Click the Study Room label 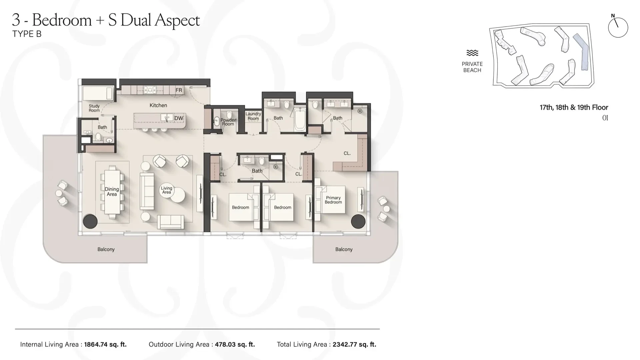click(x=94, y=108)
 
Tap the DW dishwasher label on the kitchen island click(x=179, y=118)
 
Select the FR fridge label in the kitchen click(x=179, y=90)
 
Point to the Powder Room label click(x=228, y=122)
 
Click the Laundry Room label click(x=253, y=116)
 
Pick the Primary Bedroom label click(x=333, y=200)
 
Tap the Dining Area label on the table click(x=112, y=192)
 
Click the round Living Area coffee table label click(x=167, y=190)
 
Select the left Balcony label click(x=106, y=249)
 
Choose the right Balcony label click(x=344, y=249)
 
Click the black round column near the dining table click(x=90, y=221)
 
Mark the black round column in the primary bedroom click(x=358, y=221)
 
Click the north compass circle click(x=618, y=27)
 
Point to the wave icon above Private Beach click(x=472, y=53)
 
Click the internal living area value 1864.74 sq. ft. click(x=105, y=344)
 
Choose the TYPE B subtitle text click(x=27, y=34)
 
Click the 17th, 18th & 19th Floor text click(x=574, y=107)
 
